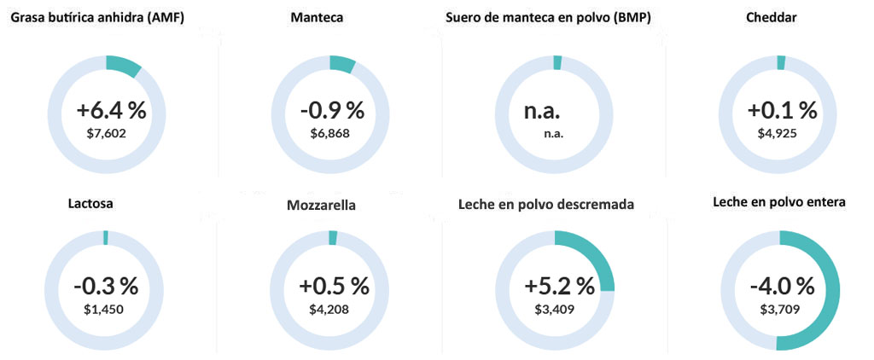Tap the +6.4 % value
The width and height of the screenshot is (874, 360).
(111, 111)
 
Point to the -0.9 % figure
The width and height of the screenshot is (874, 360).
(332, 111)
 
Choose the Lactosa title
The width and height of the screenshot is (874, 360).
(90, 204)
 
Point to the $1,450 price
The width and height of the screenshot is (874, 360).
(104, 309)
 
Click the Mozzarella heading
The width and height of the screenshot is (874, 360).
(322, 206)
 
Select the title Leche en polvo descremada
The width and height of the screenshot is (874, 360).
(546, 204)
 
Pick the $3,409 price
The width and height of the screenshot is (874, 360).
(553, 309)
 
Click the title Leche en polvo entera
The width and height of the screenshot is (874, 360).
(779, 202)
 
